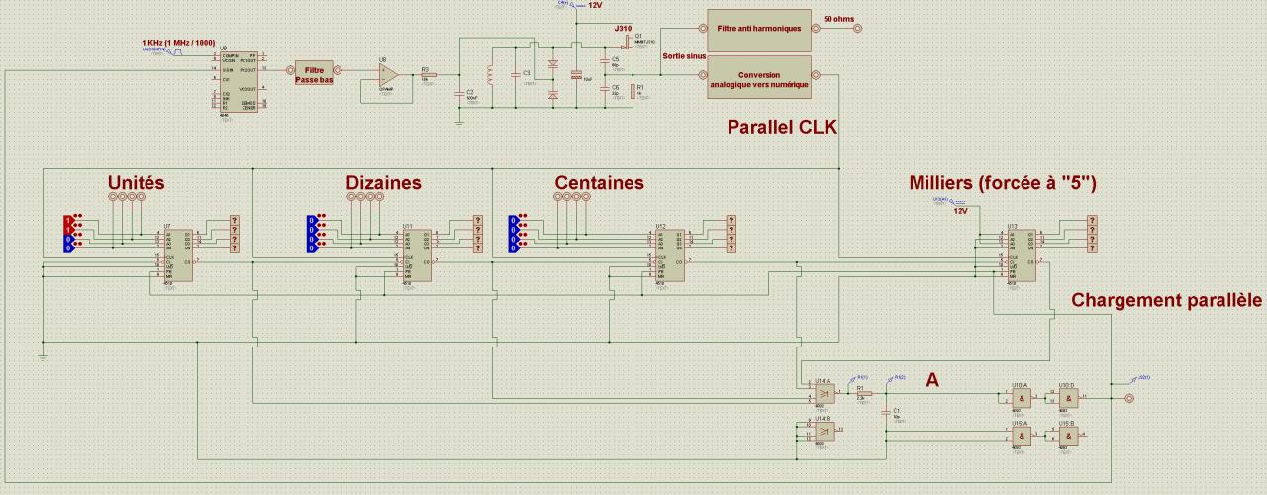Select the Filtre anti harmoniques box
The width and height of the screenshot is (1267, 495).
[758, 29]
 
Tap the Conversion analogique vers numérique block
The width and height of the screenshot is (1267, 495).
[758, 79]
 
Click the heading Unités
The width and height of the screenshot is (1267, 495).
[137, 183]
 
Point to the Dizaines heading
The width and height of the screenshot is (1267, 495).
[383, 183]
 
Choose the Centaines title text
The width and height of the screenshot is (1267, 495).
[599, 183]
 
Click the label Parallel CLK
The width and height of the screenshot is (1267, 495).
[782, 127]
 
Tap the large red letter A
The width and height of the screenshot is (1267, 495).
[932, 379]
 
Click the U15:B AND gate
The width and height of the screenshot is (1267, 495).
[1066, 435]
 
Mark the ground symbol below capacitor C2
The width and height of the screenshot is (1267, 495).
[458, 121]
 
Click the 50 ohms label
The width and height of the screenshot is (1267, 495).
[838, 19]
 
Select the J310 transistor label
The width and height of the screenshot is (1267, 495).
[624, 29]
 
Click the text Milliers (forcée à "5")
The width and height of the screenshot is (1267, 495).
[1002, 183]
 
